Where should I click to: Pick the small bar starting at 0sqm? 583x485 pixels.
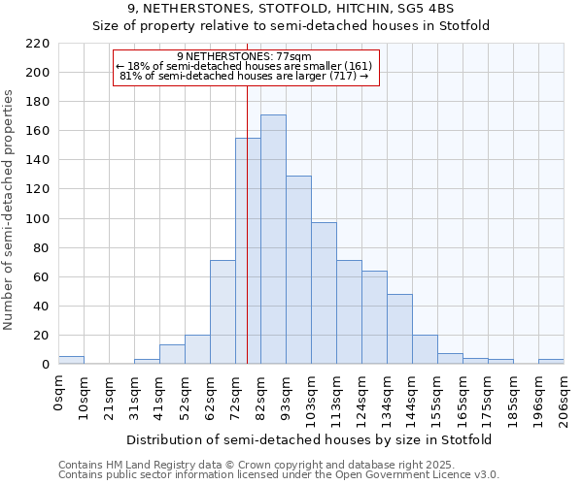pos(71,360)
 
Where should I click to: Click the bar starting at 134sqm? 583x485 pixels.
pos(399,329)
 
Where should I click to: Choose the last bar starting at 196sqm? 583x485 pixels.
pos(551,362)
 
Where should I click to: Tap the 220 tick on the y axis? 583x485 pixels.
pos(39,44)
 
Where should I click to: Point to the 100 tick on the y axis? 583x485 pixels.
pos(39,219)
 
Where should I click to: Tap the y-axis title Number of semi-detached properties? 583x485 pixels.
pos(9,210)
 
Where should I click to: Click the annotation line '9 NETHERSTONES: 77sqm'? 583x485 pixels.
pos(245,57)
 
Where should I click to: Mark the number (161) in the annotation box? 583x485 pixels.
pos(356,66)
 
